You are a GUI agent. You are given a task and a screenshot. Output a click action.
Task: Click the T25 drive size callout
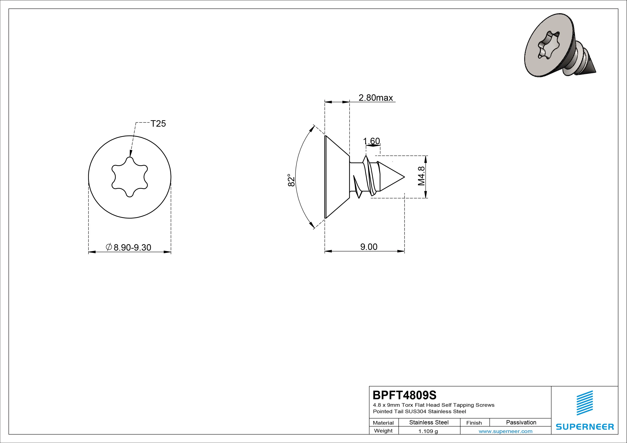[158, 124]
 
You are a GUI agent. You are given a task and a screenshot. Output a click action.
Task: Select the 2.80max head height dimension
[376, 98]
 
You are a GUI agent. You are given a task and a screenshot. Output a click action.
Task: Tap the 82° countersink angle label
[291, 180]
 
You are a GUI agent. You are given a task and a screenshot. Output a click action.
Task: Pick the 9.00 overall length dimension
[369, 247]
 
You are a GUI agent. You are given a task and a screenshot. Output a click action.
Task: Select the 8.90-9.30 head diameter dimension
[128, 247]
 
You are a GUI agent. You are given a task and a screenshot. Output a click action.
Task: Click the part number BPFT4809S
[404, 395]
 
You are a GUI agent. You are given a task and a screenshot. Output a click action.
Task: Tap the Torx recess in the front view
[130, 177]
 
